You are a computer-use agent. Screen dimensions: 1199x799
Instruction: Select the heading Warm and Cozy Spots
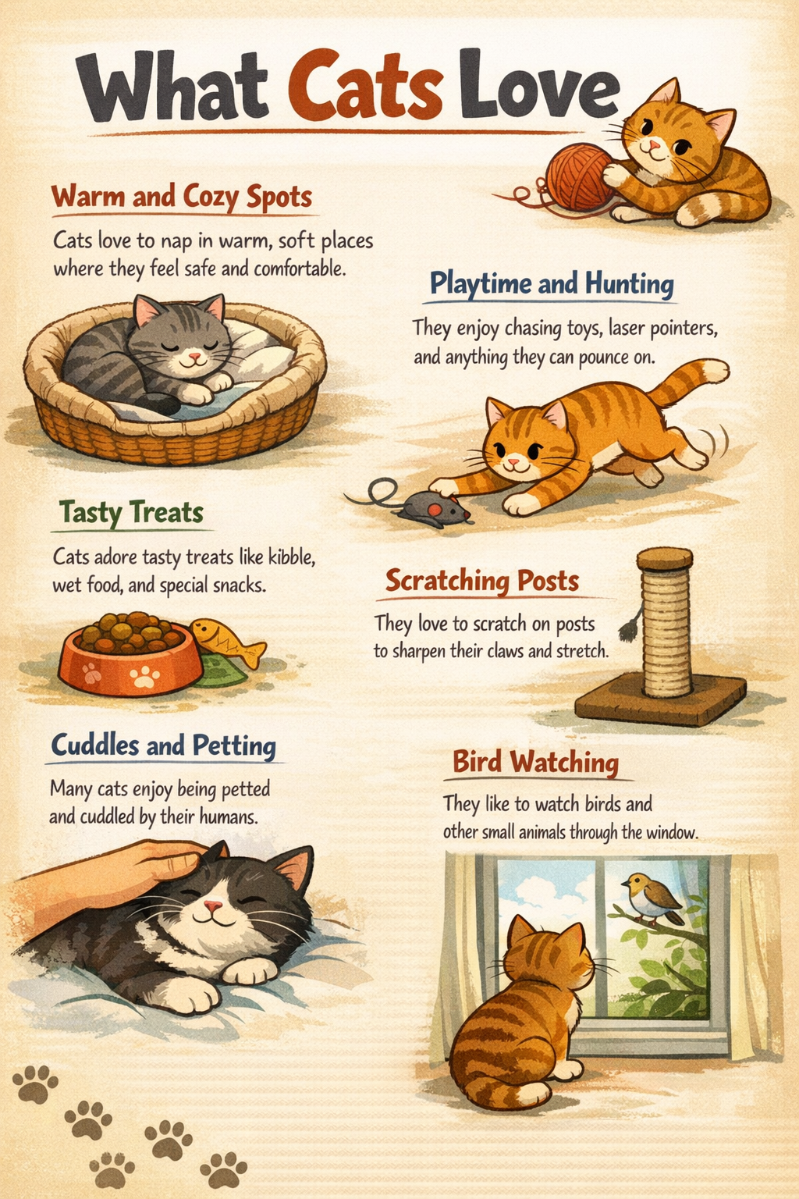[x=181, y=196]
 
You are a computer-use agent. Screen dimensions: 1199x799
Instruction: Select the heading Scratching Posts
[x=481, y=581]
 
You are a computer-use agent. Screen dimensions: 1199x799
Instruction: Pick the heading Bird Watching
[x=535, y=761]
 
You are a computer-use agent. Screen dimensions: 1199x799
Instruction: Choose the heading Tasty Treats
[x=131, y=513]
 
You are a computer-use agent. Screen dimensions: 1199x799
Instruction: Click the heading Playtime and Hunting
[x=552, y=283]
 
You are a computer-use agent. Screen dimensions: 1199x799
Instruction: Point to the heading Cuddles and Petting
[x=163, y=745]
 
